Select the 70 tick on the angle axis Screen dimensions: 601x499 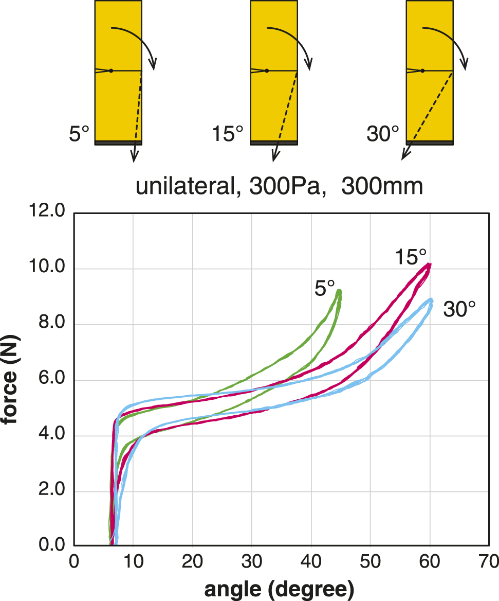489,561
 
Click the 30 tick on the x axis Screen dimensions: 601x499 252,561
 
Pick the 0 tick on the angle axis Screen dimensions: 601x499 75,561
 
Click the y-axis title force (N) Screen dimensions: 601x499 11,379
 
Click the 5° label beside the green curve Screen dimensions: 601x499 325,287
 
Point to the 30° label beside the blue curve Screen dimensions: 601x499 459,310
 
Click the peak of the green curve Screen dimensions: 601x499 339,291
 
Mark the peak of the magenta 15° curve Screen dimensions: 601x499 429,265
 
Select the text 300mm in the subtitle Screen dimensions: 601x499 382,187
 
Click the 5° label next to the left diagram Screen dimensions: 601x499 79,135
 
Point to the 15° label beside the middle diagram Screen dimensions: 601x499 227,135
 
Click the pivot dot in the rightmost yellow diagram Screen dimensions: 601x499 422,70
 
